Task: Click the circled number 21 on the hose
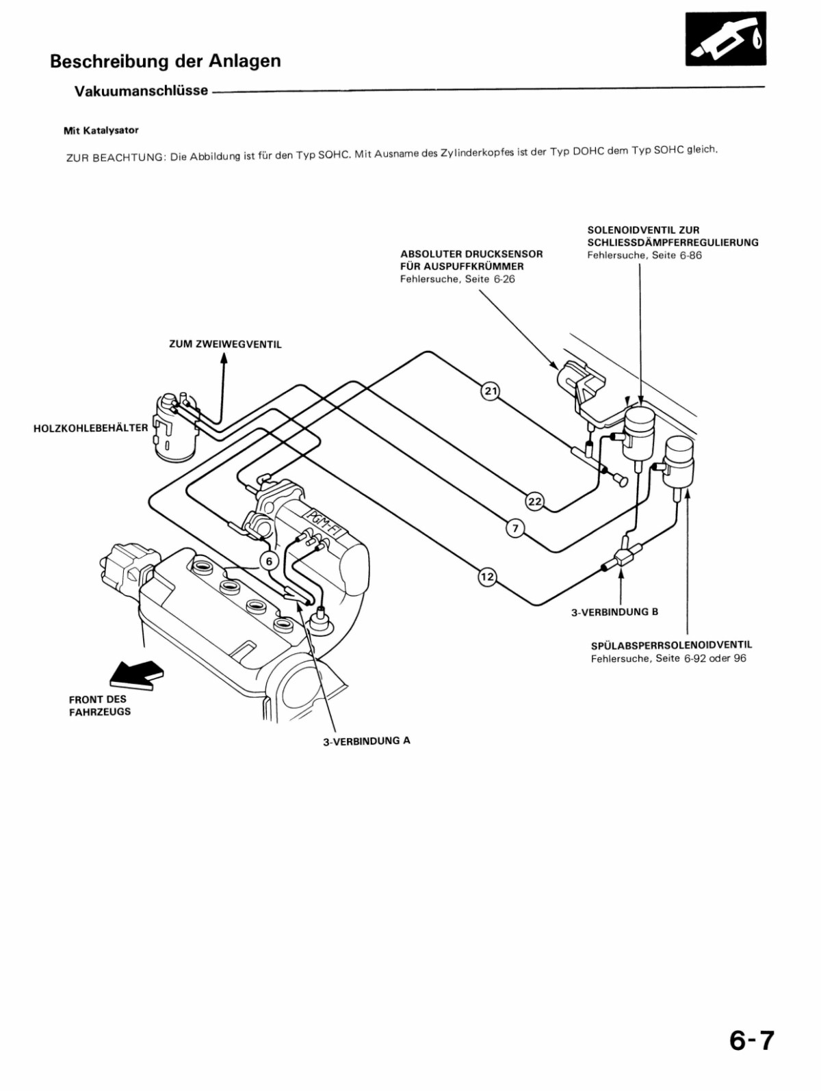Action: click(x=491, y=391)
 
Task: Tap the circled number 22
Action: click(x=534, y=501)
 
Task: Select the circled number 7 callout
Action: click(x=515, y=528)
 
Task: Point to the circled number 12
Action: click(x=486, y=577)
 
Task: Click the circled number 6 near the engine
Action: click(x=269, y=561)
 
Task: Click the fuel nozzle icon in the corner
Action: click(x=725, y=39)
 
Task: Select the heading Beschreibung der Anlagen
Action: click(x=165, y=62)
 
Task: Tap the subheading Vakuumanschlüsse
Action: click(x=141, y=91)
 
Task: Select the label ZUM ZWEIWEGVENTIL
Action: click(x=225, y=344)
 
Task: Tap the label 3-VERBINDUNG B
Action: click(x=614, y=612)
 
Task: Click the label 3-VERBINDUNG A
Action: click(x=366, y=741)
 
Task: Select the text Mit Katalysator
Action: click(x=101, y=130)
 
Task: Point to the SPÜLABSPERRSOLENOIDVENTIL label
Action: click(x=671, y=644)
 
